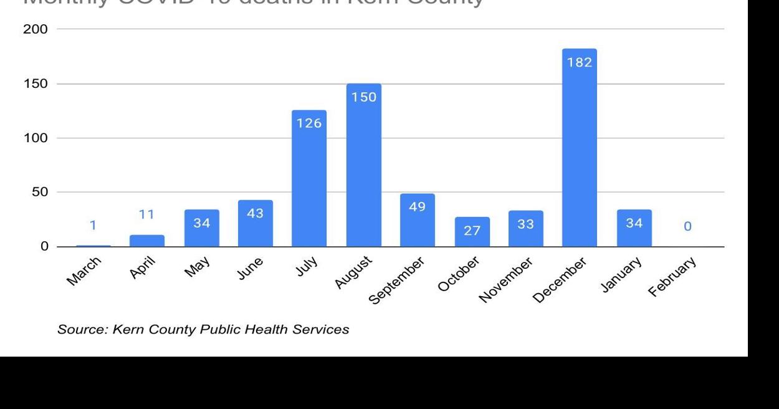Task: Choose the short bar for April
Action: (x=147, y=241)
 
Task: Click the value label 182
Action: (x=579, y=63)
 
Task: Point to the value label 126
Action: (x=309, y=123)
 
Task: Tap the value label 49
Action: (x=418, y=207)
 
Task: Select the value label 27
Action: (x=472, y=231)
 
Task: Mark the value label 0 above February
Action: (x=687, y=227)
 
